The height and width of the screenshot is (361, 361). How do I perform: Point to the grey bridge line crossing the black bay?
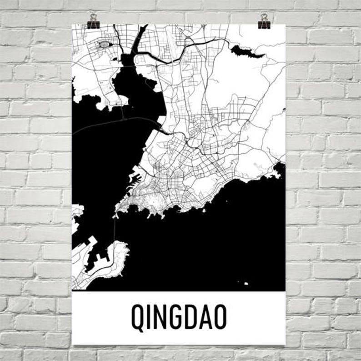coord(114,122)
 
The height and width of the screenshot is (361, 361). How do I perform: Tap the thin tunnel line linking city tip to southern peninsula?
coord(115,230)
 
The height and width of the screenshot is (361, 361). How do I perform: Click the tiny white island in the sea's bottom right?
coord(246,284)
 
